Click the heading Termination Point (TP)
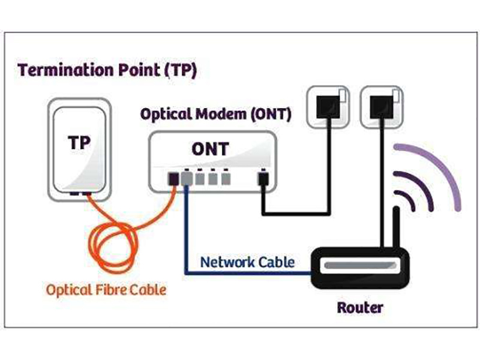[107, 70]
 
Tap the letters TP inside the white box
[80, 145]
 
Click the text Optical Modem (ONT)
[215, 114]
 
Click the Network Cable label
[247, 262]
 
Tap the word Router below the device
[359, 308]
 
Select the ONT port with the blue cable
[187, 178]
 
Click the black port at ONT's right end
[262, 178]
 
